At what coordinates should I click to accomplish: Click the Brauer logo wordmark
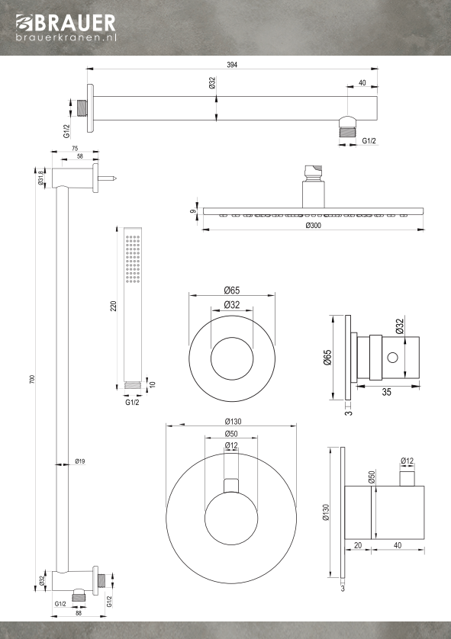click(66, 23)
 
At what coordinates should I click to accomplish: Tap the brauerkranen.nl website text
click(66, 37)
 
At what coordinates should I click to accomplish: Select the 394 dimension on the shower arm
click(232, 64)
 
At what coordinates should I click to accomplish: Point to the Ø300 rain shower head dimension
click(313, 226)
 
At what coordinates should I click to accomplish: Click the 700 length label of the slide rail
click(32, 379)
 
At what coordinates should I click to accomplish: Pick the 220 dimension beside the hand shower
click(114, 306)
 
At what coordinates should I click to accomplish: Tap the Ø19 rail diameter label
click(80, 461)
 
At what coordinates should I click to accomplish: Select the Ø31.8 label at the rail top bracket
click(40, 178)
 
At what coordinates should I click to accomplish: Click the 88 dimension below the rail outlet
click(79, 613)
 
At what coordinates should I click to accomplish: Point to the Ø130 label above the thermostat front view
click(233, 422)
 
